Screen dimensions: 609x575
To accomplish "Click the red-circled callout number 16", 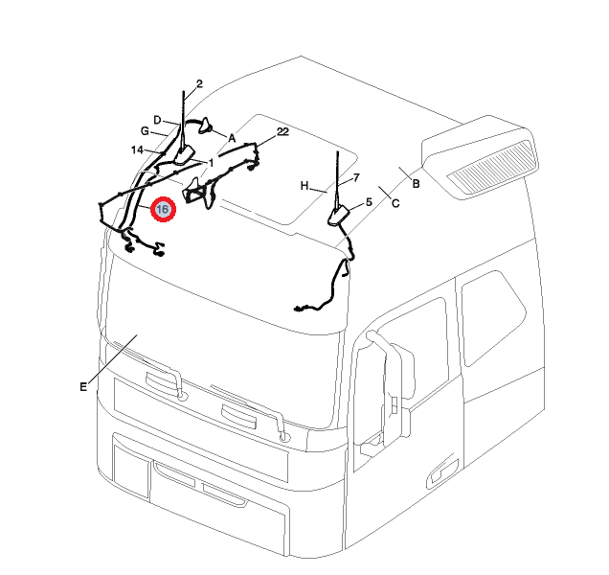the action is click(163, 210).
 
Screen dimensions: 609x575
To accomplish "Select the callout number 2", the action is click(199, 83).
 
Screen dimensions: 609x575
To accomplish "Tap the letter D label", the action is click(157, 120).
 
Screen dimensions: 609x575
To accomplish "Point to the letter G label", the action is click(145, 131).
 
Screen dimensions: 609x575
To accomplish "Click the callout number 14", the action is click(137, 150).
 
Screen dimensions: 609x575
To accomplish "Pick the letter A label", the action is click(232, 138).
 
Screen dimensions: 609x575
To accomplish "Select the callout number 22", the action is click(282, 132).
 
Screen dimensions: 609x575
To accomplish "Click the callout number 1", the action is click(212, 163).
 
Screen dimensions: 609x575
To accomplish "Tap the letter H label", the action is click(304, 186).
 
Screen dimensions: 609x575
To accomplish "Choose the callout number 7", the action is click(356, 178).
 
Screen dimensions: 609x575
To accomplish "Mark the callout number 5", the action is click(369, 202).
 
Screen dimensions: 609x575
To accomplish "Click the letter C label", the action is click(395, 203).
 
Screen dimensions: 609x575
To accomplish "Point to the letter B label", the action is click(416, 183).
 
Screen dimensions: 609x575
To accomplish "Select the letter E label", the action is click(83, 387).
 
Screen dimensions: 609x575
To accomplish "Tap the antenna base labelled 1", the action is click(184, 154).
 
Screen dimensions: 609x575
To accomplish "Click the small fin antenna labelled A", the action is click(206, 126).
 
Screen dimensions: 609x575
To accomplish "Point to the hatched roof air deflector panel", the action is click(491, 168).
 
